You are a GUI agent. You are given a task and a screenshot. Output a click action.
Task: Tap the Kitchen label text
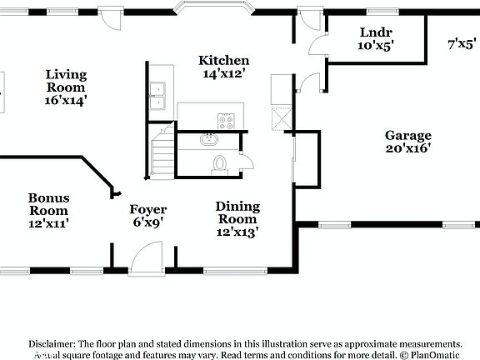(x=223, y=61)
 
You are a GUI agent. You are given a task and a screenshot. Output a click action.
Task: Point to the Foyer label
(x=147, y=210)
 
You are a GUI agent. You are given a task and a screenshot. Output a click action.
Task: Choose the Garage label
(x=407, y=136)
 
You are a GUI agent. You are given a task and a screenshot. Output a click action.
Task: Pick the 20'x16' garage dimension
(x=407, y=149)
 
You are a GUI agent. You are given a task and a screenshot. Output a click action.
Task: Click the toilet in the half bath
(x=220, y=162)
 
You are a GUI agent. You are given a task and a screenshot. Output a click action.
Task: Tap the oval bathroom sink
(x=209, y=141)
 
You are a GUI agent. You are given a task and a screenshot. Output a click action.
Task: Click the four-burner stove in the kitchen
(x=227, y=120)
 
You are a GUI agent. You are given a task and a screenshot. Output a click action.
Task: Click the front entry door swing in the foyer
(x=147, y=253)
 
